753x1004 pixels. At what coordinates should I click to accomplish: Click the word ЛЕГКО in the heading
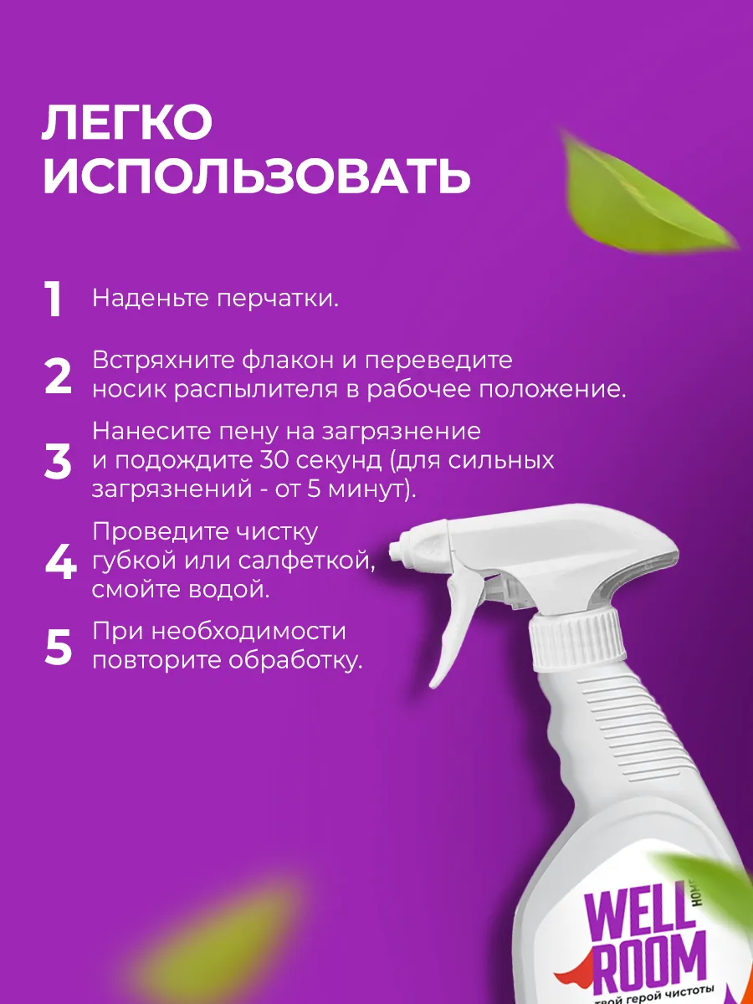pyautogui.click(x=127, y=122)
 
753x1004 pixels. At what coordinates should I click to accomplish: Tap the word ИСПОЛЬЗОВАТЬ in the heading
pyautogui.click(x=257, y=177)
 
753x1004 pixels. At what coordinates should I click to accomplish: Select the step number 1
pyautogui.click(x=54, y=299)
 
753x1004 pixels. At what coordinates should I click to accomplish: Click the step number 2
pyautogui.click(x=58, y=376)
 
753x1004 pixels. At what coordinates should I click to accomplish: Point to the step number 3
pyautogui.click(x=58, y=461)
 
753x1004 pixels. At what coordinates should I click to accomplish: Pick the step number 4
pyautogui.click(x=61, y=561)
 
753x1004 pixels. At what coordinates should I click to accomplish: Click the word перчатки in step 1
pyautogui.click(x=278, y=300)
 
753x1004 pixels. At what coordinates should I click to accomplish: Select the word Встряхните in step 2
pyautogui.click(x=163, y=361)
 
